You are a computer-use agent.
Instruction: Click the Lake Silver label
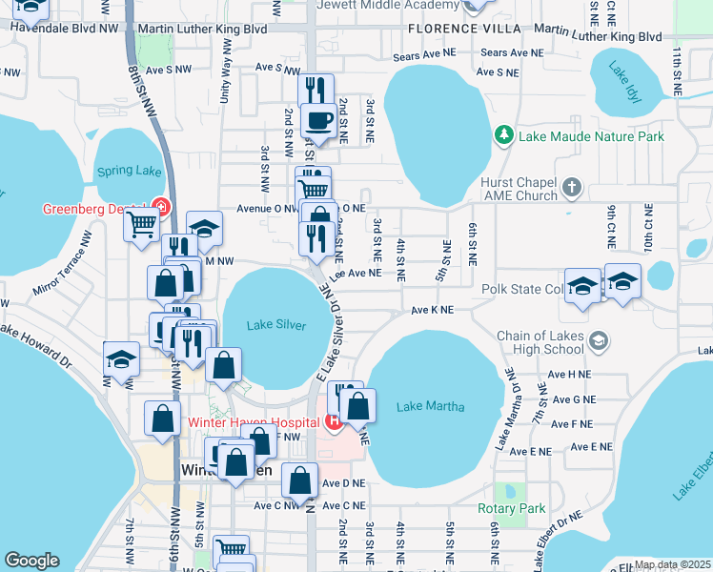pos(276,326)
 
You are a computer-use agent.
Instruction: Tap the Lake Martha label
pos(431,407)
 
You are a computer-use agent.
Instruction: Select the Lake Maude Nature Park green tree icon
pos(503,136)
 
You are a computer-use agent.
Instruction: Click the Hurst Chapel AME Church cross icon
pos(571,186)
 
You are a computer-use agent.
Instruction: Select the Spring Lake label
pos(129,173)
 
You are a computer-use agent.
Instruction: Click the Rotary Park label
pos(512,508)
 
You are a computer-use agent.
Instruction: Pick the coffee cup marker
pos(318,120)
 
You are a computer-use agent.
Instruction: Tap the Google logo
pos(31,561)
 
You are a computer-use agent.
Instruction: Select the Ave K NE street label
pos(432,311)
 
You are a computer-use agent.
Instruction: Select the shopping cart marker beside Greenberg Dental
pos(142,225)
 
